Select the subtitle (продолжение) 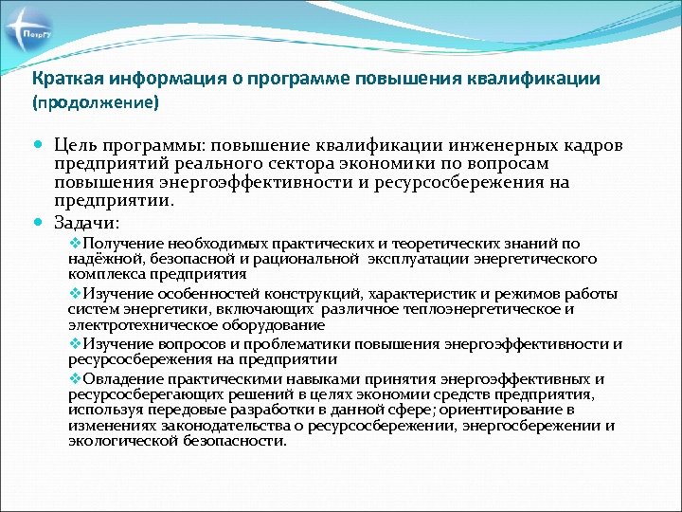(x=96, y=100)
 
